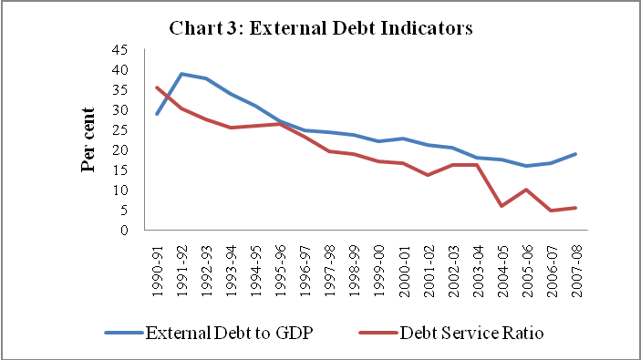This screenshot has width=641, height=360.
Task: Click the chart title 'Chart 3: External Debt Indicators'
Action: pyautogui.click(x=321, y=28)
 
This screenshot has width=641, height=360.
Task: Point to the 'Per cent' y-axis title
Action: pyautogui.click(x=88, y=139)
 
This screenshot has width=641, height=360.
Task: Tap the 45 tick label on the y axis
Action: pyautogui.click(x=119, y=50)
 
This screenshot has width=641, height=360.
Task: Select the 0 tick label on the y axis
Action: pyautogui.click(x=124, y=231)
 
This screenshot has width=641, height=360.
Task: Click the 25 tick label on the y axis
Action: pyautogui.click(x=119, y=130)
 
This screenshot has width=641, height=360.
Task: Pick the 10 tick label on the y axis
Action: pyautogui.click(x=119, y=190)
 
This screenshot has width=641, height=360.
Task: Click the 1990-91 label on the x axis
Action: pyautogui.click(x=158, y=271)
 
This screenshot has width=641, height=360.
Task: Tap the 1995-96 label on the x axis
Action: pyautogui.click(x=281, y=271)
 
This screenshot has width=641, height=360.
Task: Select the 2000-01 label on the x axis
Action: pyautogui.click(x=404, y=271)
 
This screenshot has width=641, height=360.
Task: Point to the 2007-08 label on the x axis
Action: pyautogui.click(x=576, y=271)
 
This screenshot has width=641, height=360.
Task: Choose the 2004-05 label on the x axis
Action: pyautogui.click(x=502, y=271)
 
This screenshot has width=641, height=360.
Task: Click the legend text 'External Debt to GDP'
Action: pyautogui.click(x=230, y=333)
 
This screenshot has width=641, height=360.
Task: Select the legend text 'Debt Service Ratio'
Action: pyautogui.click(x=471, y=333)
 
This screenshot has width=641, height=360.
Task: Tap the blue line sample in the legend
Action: pyautogui.click(x=124, y=333)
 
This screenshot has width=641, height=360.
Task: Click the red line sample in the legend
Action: pyautogui.click(x=378, y=333)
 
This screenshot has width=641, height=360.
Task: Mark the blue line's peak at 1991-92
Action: pyautogui.click(x=181, y=74)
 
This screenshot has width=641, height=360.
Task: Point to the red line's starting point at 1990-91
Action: pyautogui.click(x=157, y=87)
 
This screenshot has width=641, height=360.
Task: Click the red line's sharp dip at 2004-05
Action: pyautogui.click(x=501, y=206)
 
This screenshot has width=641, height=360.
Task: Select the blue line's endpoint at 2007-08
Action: pyautogui.click(x=575, y=154)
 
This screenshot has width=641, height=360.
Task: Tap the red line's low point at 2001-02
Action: pyautogui.click(x=428, y=175)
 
